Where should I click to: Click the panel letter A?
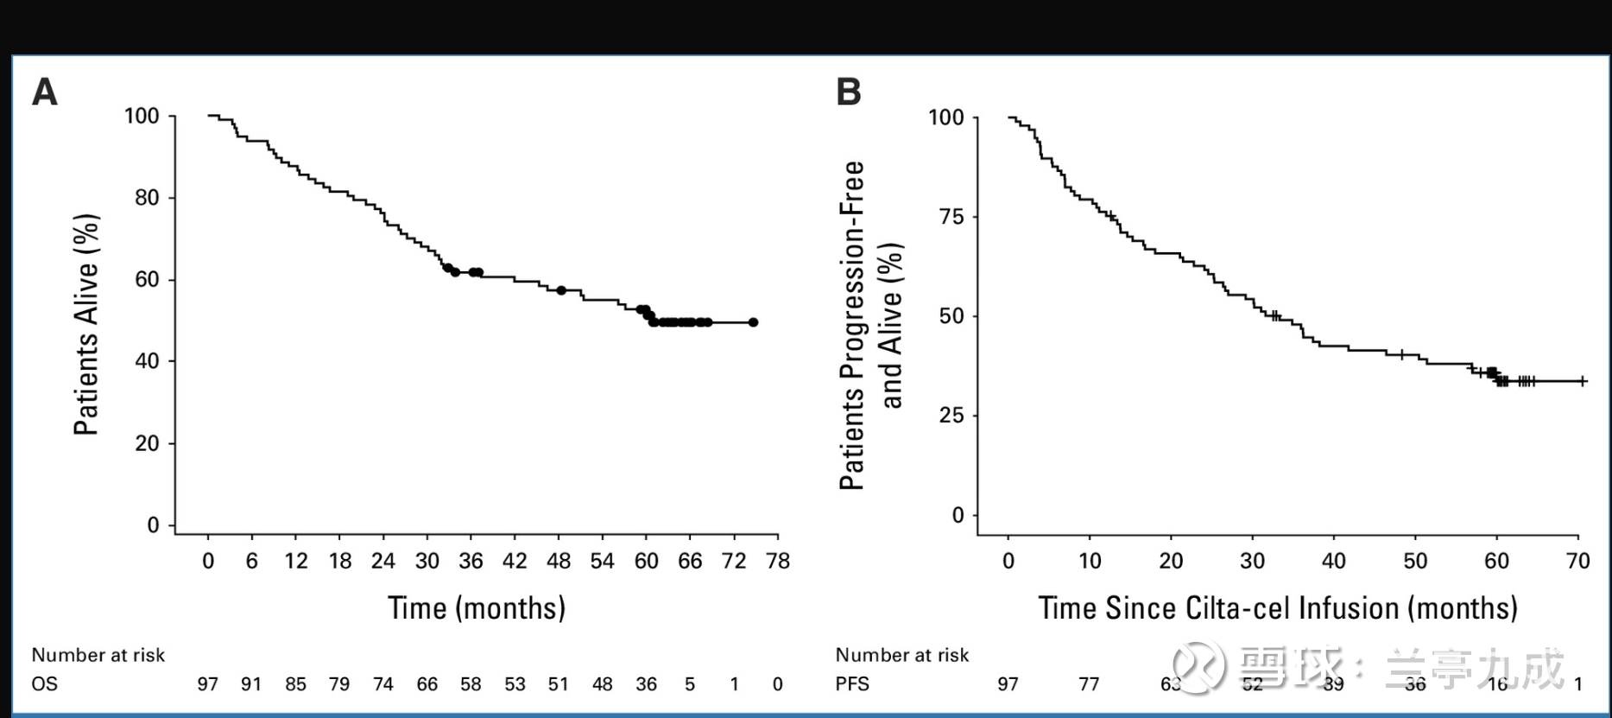(45, 92)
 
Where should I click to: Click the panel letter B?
(849, 92)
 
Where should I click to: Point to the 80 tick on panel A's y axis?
(147, 198)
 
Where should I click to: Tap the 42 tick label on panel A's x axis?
(515, 562)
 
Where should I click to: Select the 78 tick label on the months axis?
(778, 562)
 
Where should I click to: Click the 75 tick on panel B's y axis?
(951, 217)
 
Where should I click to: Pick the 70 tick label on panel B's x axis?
(1577, 562)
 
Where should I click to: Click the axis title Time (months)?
(477, 608)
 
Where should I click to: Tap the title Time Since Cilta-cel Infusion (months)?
(1277, 608)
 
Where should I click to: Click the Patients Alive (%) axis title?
(86, 324)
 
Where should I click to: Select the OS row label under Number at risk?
(45, 684)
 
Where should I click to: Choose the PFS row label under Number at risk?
(852, 684)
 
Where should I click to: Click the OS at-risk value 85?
(295, 684)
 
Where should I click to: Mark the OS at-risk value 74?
(382, 684)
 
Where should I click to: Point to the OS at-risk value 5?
(690, 684)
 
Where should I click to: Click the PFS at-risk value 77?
(1089, 684)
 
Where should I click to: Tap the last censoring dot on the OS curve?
(753, 322)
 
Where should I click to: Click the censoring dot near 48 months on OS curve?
(561, 290)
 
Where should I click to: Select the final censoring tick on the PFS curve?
(1582, 381)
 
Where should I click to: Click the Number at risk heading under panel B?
(902, 655)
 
